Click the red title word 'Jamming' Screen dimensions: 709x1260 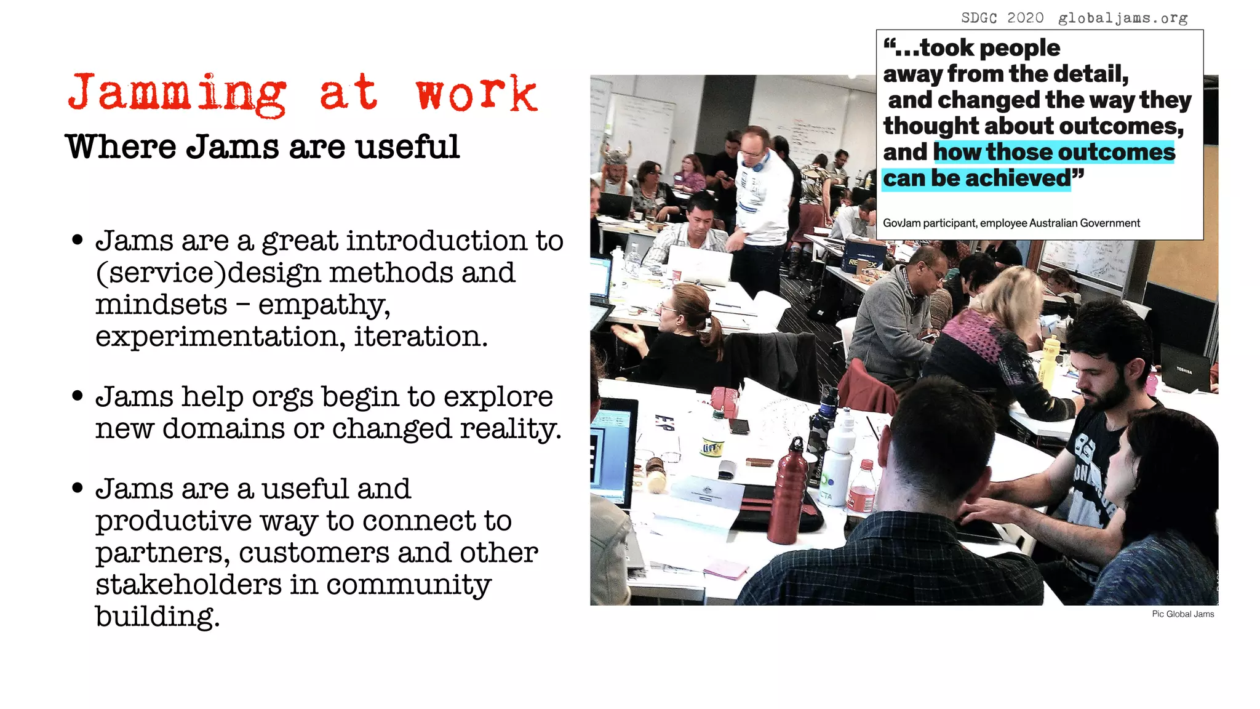tap(177, 94)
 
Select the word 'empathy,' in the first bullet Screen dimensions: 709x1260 tap(324, 305)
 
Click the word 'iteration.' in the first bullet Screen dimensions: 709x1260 tap(420, 336)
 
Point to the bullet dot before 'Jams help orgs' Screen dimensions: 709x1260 tap(77, 396)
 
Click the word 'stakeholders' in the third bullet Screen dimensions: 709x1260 tap(188, 584)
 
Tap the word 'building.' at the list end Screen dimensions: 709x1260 tap(157, 616)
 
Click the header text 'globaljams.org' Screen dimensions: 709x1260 tap(1123, 18)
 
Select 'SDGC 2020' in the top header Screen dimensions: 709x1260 tap(1002, 18)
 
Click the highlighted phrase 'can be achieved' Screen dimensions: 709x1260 tap(977, 178)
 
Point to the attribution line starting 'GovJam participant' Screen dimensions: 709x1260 tap(1011, 223)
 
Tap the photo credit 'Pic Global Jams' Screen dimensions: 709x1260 tap(1182, 614)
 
